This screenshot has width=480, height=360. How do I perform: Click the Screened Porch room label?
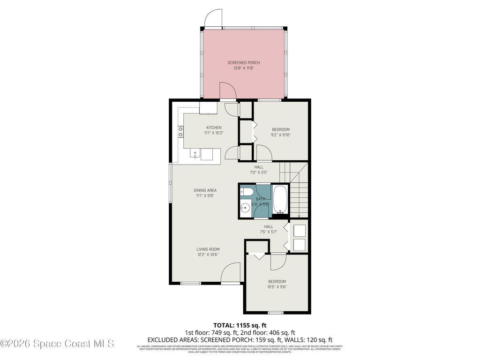click(243, 63)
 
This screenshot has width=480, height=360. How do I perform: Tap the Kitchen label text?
click(214, 127)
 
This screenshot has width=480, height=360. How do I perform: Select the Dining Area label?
click(205, 190)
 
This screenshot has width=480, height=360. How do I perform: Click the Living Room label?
click(208, 249)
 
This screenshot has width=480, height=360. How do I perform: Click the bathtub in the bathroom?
click(280, 200)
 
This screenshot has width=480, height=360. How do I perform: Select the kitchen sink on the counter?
click(195, 153)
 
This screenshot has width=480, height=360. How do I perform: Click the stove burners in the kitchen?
click(180, 132)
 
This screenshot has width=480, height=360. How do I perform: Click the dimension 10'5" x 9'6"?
click(277, 287)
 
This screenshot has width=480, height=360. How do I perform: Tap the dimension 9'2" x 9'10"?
click(281, 135)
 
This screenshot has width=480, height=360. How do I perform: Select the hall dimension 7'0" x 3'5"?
click(259, 172)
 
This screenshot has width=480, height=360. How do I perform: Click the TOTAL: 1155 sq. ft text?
click(240, 325)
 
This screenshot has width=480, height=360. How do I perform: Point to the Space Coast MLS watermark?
click(57, 344)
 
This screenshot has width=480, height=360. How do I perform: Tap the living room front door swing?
click(230, 273)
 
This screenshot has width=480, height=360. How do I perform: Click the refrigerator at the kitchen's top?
click(208, 108)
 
